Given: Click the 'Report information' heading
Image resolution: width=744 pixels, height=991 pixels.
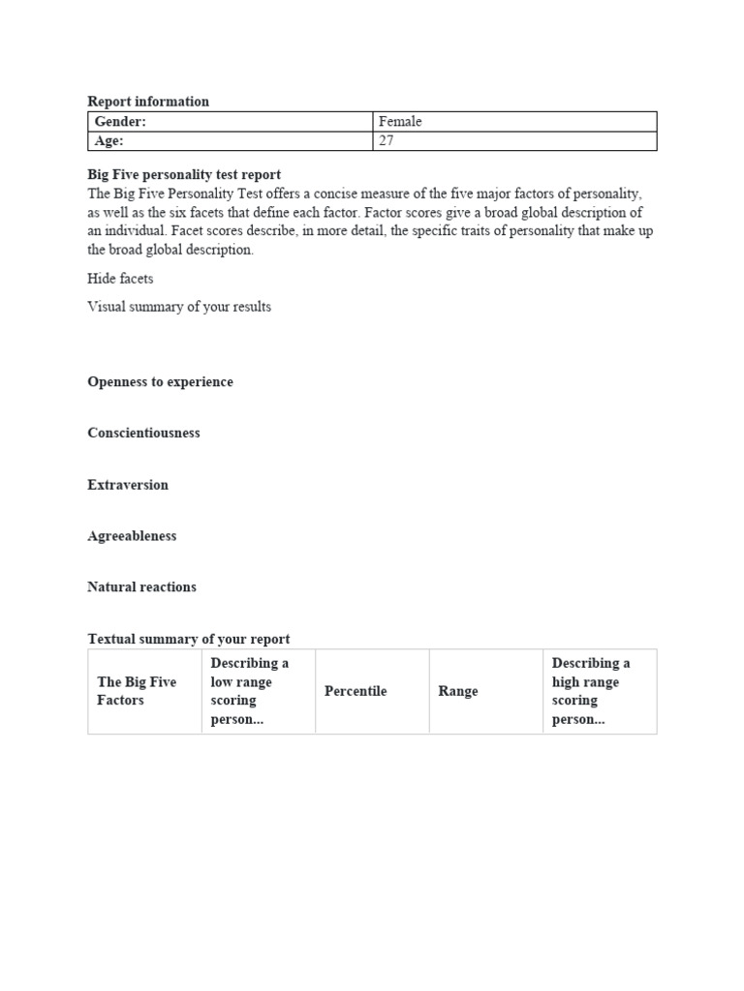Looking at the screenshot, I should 148,102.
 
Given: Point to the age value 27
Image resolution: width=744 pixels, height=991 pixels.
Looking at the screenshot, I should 387,141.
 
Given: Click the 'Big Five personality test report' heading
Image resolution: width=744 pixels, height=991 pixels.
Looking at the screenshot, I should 184,175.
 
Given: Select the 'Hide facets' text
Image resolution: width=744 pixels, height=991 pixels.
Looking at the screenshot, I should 120,279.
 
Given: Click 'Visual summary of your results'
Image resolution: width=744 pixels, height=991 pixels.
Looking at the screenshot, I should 179,307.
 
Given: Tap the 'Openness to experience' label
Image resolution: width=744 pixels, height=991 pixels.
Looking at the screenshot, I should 160,382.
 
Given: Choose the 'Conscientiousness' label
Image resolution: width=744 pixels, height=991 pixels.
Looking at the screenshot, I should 143,434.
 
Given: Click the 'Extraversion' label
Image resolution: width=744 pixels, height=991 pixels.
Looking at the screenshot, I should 128,485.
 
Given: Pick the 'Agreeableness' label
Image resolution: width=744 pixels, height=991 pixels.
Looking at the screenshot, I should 132,536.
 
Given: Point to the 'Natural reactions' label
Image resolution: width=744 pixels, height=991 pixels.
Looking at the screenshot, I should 141,587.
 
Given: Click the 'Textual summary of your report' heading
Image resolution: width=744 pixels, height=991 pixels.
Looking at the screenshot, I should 189,640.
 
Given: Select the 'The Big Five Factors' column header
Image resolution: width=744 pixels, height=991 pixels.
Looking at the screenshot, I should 137,691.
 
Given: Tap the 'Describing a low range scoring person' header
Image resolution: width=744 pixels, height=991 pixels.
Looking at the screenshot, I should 250,691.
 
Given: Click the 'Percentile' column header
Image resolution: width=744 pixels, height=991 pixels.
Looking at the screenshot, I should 356,691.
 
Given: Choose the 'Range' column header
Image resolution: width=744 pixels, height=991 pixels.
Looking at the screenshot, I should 458,692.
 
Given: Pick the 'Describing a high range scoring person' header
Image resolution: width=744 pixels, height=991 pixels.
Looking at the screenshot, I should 591,691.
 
